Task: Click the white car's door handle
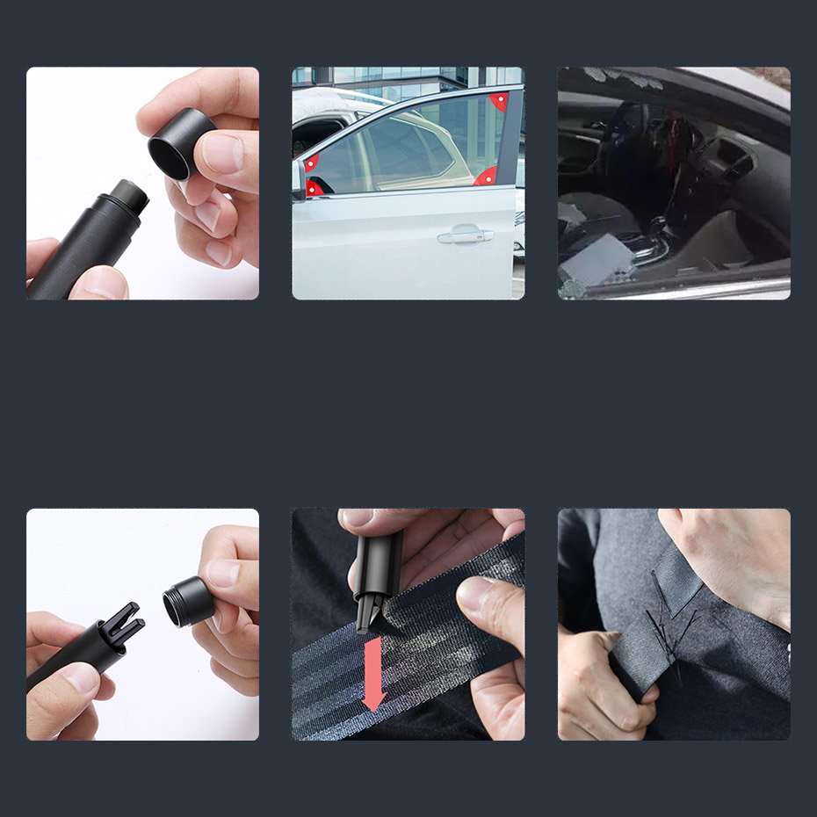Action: point(465,235)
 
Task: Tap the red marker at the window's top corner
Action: point(499,100)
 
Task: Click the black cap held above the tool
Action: point(181,142)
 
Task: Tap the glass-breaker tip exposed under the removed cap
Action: point(131,192)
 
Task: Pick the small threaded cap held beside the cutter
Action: point(188,601)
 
